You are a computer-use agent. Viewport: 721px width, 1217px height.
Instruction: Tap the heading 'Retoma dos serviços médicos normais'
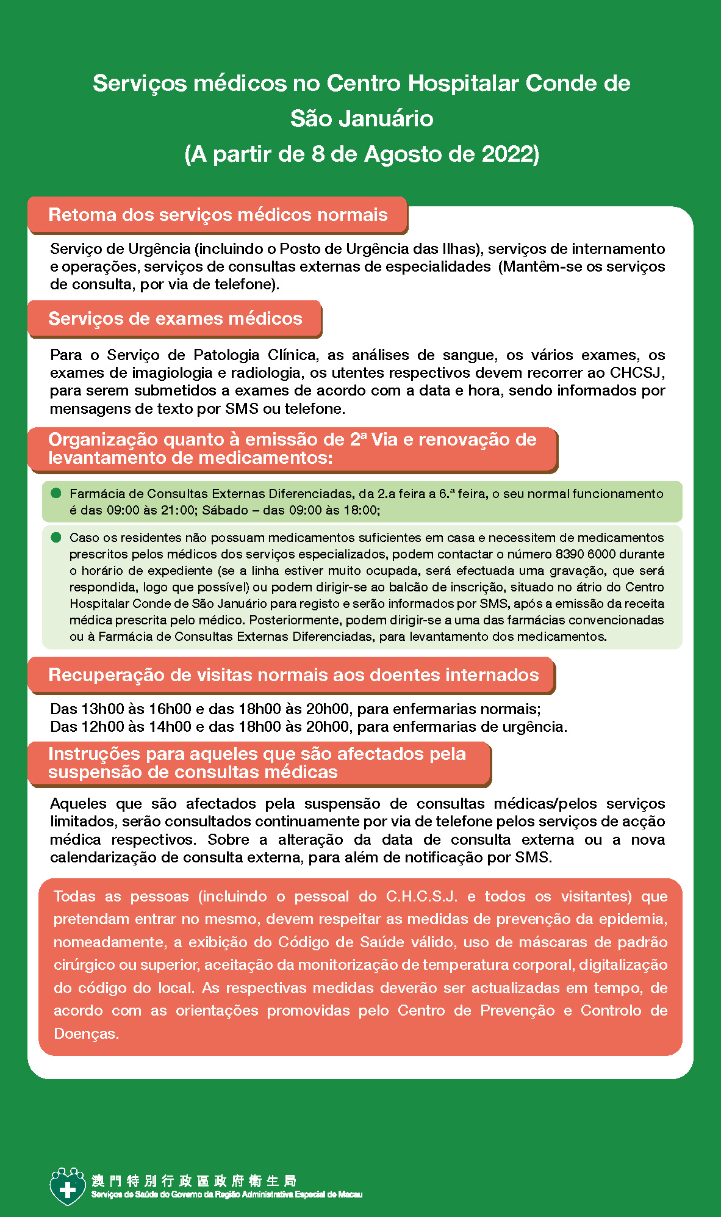[x=218, y=215]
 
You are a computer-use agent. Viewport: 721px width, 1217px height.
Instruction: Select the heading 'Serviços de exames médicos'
[x=175, y=319]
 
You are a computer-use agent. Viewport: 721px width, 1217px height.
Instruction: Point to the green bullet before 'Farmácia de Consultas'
[x=56, y=493]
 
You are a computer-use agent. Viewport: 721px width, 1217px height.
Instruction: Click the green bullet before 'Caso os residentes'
[x=56, y=537]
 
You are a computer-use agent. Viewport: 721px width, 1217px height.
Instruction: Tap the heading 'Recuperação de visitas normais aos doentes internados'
[x=293, y=675]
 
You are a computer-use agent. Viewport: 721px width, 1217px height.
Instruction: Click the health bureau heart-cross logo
[x=67, y=1186]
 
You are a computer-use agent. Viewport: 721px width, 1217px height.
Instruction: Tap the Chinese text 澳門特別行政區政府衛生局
[x=194, y=1180]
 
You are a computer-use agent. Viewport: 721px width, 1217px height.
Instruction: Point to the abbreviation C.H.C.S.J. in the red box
[x=421, y=897]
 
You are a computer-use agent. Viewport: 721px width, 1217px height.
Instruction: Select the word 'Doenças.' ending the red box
[x=86, y=1034]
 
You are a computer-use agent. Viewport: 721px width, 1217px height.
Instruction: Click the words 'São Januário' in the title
[x=361, y=118]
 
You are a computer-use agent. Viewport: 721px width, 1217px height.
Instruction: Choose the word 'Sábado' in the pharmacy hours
[x=224, y=510]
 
